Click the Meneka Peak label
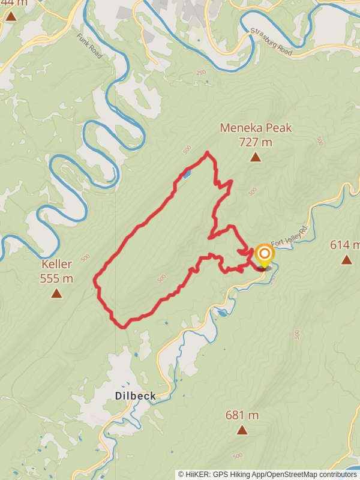pos(256,128)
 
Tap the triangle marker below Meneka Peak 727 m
pos(256,157)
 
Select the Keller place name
pos(56,264)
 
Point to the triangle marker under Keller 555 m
pos(56,293)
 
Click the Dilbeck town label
pos(136,396)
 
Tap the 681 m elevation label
pos(242,415)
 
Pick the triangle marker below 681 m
pos(242,430)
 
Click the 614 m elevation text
pos(345,245)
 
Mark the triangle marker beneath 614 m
pos(346,259)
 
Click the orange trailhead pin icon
pos(263,254)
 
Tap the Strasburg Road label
pos(271,42)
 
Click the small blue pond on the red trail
pos(187,175)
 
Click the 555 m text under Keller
pos(56,278)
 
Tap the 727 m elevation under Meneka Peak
pos(256,142)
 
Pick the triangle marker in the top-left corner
pos(11,16)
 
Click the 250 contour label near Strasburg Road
pos(200,73)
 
